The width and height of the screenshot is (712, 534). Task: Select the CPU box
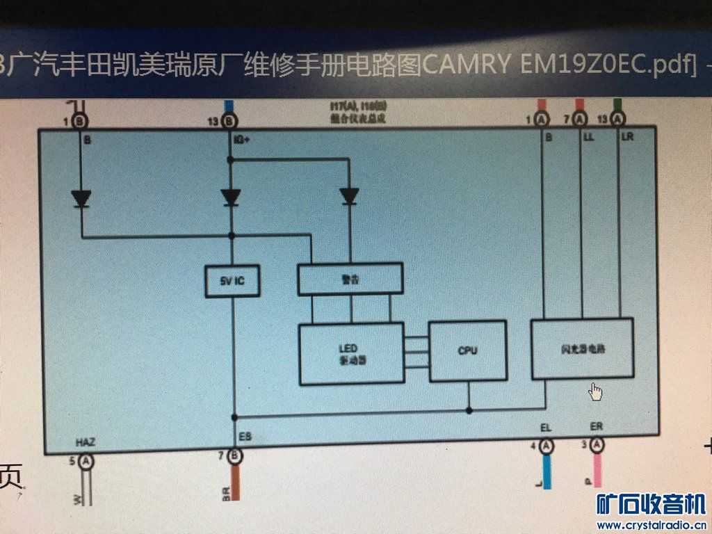(467, 350)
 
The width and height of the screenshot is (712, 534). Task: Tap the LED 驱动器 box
(351, 353)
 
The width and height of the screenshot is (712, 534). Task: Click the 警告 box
(350, 279)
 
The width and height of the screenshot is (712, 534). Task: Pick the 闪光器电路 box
(582, 348)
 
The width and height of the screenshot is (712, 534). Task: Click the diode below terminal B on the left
(81, 200)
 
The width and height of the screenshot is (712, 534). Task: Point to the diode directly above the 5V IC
(231, 197)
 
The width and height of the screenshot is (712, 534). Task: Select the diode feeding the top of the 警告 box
(350, 197)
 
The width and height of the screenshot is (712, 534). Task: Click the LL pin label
(588, 138)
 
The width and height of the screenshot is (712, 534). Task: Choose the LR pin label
(627, 138)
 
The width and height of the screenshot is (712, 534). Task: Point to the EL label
(546, 428)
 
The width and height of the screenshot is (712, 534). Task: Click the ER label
(596, 427)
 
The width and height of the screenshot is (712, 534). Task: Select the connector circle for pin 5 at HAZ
(85, 460)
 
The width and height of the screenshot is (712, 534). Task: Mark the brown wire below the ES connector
(236, 480)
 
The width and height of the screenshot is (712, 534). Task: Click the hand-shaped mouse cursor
(595, 392)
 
